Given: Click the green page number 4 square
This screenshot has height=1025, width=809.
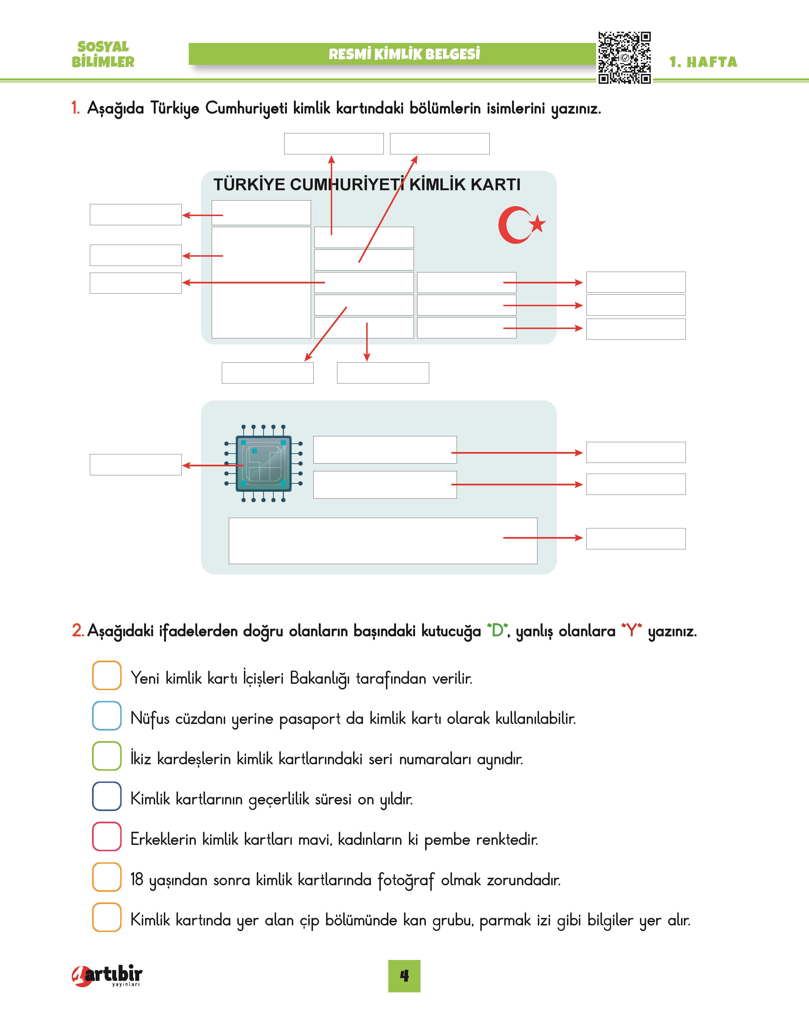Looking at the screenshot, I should point(404,976).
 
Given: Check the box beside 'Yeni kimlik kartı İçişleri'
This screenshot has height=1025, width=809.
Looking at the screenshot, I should point(107,675).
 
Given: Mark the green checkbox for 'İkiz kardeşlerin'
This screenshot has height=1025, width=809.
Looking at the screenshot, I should point(107,756).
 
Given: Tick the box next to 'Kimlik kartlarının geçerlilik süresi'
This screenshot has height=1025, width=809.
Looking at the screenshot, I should point(107,796).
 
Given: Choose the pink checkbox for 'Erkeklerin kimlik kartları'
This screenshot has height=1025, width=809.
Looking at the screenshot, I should point(107,836).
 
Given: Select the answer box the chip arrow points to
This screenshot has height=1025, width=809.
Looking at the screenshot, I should point(135,465).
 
